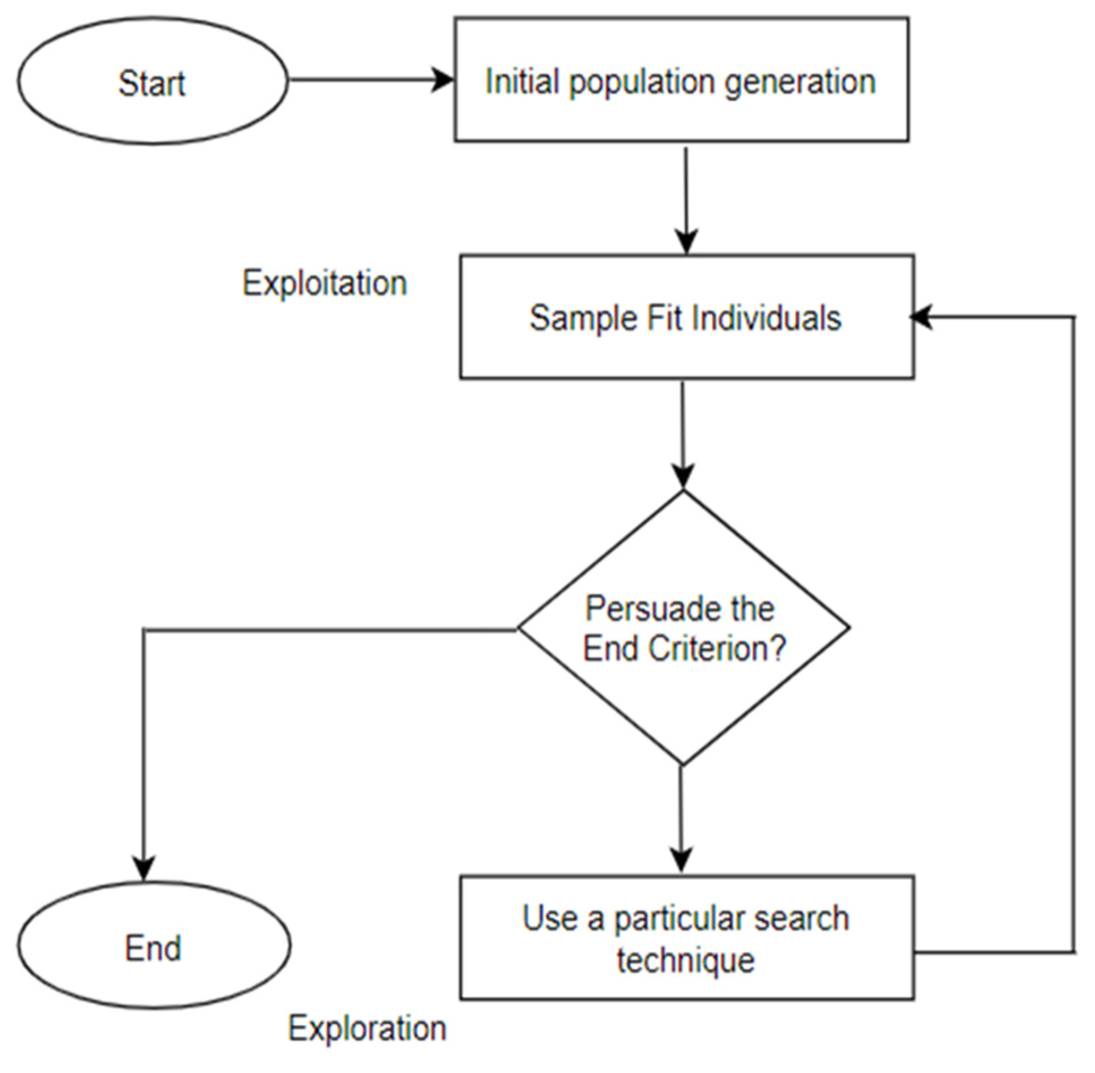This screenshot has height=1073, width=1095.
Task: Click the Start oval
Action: (152, 80)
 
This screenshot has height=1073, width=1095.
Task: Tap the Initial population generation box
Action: (681, 79)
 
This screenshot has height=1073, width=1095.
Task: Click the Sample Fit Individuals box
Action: (686, 317)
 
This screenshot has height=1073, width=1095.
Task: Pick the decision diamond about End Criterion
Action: (683, 628)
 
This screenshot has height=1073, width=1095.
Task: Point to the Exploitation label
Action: (325, 283)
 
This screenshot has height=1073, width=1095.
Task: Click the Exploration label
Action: (367, 1028)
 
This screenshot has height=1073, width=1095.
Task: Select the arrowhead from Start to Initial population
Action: (443, 79)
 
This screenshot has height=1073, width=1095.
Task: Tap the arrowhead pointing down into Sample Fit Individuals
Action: (686, 242)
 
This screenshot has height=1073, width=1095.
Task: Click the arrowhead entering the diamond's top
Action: (683, 477)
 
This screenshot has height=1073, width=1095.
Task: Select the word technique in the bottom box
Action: (685, 960)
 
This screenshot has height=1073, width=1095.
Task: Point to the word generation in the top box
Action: (799, 82)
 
